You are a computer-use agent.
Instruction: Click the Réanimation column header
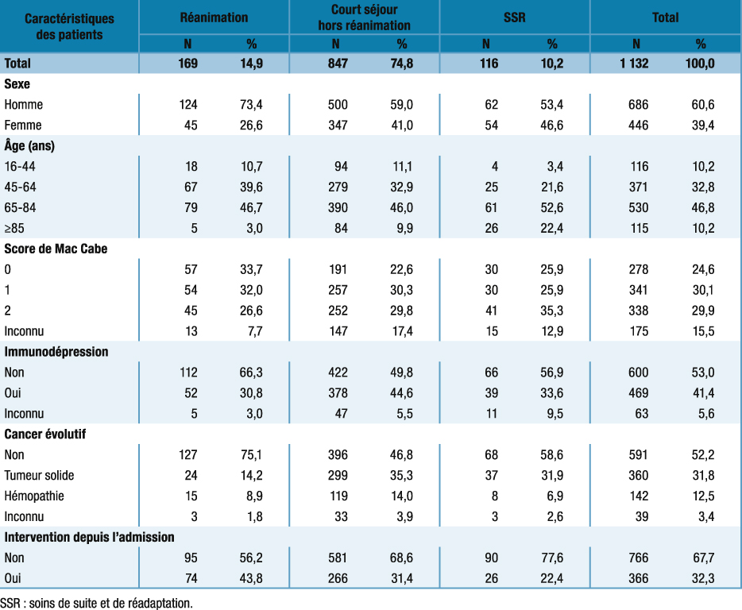[214, 17]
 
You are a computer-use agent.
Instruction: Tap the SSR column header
[515, 17]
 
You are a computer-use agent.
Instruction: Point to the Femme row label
[23, 125]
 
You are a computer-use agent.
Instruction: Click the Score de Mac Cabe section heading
[56, 249]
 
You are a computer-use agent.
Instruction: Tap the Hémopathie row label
[34, 496]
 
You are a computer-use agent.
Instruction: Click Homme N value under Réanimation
[187, 104]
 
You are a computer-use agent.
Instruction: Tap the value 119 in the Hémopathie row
[337, 496]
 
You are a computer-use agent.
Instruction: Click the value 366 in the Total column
[638, 578]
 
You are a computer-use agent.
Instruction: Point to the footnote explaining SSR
[96, 602]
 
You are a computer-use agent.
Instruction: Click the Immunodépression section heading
[56, 351]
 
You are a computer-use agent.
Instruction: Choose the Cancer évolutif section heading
[45, 434]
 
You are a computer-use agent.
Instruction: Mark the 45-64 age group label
[20, 187]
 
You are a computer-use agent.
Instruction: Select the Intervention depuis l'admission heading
[89, 538]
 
